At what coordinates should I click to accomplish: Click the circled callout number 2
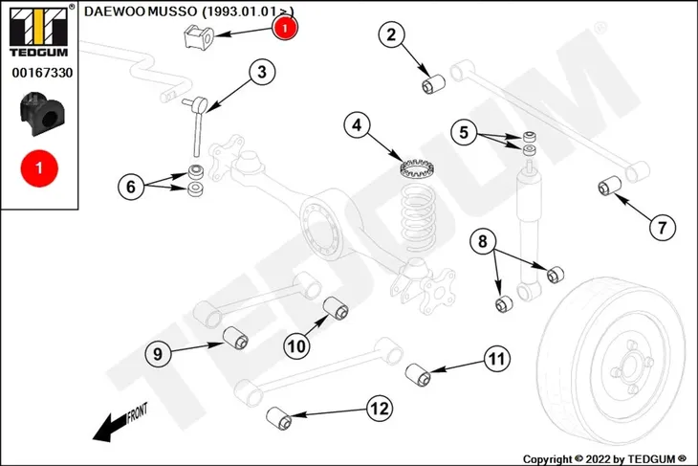point(391,34)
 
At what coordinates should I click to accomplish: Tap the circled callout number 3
point(262,72)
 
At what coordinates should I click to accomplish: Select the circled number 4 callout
point(357,125)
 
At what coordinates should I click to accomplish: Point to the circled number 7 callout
point(663,228)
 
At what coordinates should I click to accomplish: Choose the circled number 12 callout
point(380,408)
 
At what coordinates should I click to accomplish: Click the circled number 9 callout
point(158,354)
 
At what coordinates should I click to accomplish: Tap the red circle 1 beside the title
point(285,28)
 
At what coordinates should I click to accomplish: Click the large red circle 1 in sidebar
point(39,168)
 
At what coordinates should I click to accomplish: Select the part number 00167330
point(42,73)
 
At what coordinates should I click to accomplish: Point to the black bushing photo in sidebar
point(39,113)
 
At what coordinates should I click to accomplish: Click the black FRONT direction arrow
point(120,422)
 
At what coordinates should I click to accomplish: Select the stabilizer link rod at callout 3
point(196,126)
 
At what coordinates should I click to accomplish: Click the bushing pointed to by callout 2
point(433,84)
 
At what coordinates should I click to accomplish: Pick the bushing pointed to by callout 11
point(418,375)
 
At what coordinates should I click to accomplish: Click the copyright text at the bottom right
point(604,459)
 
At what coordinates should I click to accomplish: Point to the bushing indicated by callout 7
point(609,186)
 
